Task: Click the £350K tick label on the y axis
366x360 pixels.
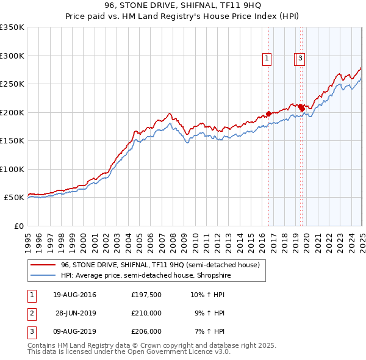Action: click(x=12, y=27)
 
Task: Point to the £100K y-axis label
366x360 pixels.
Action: click(x=12, y=169)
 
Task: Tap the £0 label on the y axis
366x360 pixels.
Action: click(x=19, y=226)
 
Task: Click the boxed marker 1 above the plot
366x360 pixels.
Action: click(x=267, y=59)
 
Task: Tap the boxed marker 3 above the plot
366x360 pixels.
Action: click(x=301, y=59)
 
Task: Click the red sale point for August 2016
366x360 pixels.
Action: click(x=269, y=113)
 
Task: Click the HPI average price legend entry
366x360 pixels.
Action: click(x=145, y=276)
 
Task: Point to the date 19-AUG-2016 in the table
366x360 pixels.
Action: click(x=74, y=295)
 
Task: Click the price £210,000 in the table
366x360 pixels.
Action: click(x=146, y=313)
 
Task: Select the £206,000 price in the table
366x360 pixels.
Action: click(x=146, y=331)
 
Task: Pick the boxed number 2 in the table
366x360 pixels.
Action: click(x=30, y=314)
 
